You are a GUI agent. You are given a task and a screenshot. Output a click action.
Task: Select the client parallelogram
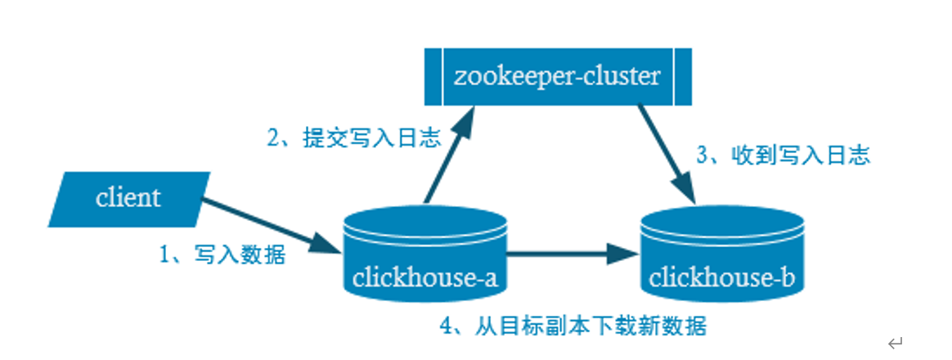129,199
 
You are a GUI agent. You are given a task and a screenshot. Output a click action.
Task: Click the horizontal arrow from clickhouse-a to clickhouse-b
564,256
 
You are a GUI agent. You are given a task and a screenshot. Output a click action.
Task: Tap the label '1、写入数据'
222,255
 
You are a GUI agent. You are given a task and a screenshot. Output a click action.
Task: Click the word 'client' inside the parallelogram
128,198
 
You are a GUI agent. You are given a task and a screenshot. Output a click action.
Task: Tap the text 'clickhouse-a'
424,277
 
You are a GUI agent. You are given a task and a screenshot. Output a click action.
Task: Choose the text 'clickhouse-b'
721,277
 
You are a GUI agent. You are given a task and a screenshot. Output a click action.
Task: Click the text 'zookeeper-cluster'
557,76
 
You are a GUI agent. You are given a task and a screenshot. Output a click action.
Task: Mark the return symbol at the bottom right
896,342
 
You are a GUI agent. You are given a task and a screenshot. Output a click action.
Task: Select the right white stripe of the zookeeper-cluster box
674,76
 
